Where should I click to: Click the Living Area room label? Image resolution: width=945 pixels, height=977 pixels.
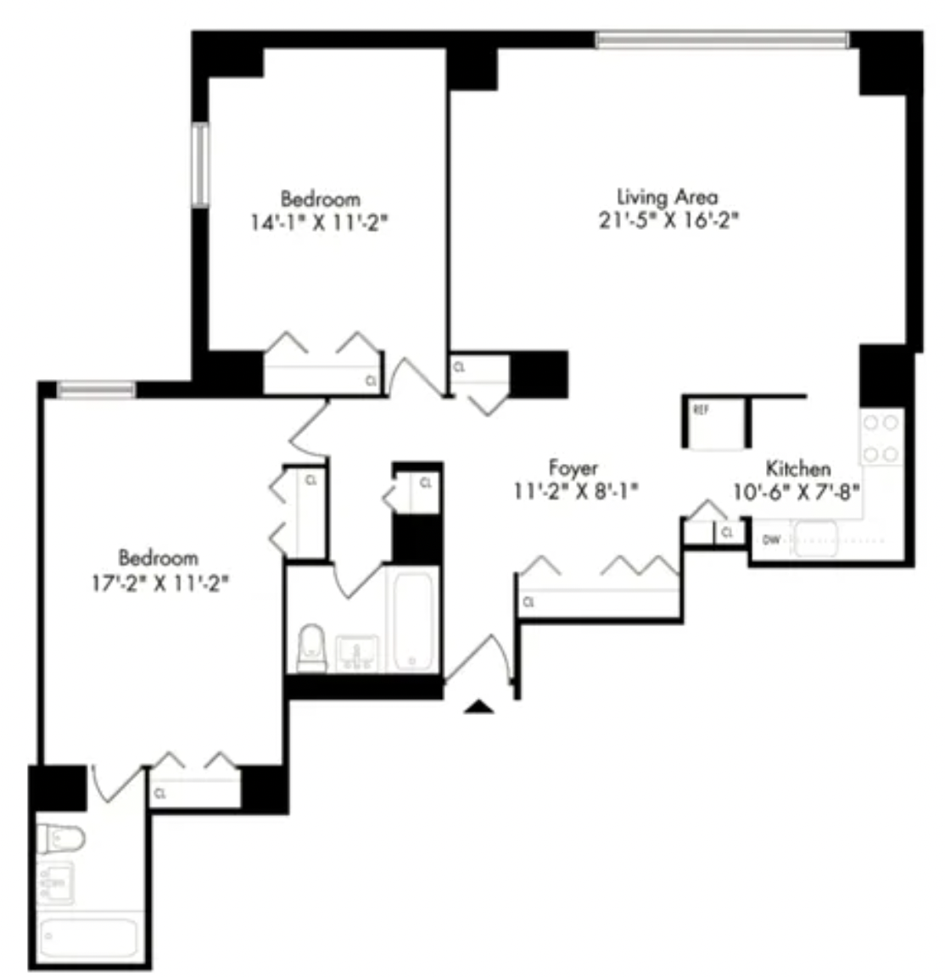click(x=667, y=197)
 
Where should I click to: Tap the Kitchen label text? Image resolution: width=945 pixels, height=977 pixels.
click(x=798, y=468)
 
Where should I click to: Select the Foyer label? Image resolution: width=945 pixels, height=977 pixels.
click(x=573, y=468)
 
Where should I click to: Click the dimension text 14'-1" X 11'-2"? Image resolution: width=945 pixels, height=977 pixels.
click(x=319, y=222)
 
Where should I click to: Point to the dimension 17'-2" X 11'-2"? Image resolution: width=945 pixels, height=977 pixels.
click(x=160, y=583)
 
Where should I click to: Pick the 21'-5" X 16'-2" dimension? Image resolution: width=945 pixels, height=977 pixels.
click(x=668, y=220)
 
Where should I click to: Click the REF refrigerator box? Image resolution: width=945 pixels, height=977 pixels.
click(x=716, y=422)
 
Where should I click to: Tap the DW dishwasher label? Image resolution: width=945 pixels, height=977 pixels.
click(x=771, y=539)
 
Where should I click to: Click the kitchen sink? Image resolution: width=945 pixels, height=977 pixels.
click(x=814, y=539)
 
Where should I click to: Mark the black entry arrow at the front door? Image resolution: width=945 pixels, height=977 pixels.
click(x=478, y=706)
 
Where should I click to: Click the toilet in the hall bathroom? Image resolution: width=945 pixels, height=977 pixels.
click(x=311, y=649)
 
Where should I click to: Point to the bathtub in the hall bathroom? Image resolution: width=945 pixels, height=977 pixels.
click(x=412, y=621)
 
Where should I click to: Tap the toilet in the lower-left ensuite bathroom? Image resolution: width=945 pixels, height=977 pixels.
click(x=60, y=839)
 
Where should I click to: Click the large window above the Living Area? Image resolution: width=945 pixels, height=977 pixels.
click(x=722, y=40)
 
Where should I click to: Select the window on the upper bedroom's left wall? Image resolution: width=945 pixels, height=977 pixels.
click(x=199, y=165)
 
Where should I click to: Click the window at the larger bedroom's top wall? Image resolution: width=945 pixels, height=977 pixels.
click(x=96, y=390)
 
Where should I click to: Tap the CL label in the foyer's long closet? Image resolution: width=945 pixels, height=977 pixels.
click(x=529, y=602)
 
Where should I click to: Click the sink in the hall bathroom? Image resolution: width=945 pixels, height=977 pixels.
click(x=357, y=651)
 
